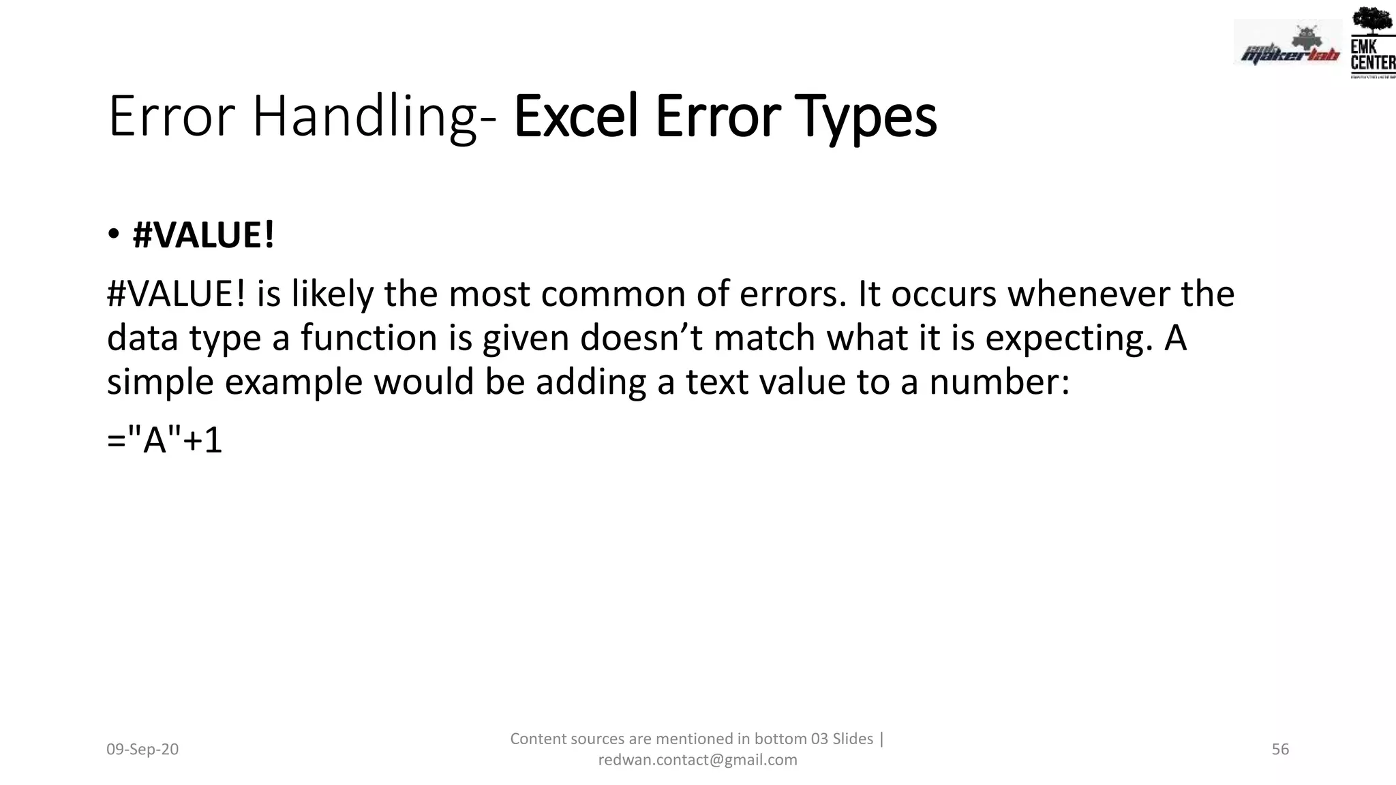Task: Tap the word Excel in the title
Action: pos(577,117)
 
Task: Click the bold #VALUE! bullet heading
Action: pos(203,236)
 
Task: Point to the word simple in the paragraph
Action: pos(160,382)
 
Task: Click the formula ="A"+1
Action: pos(165,440)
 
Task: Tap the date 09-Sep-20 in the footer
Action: pos(142,750)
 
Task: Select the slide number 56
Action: pos(1280,750)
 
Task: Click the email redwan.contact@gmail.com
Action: pos(697,760)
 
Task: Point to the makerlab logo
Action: pos(1288,48)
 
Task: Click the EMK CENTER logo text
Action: pos(1372,55)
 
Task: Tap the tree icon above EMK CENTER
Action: pos(1371,20)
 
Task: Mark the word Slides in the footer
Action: pos(853,739)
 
